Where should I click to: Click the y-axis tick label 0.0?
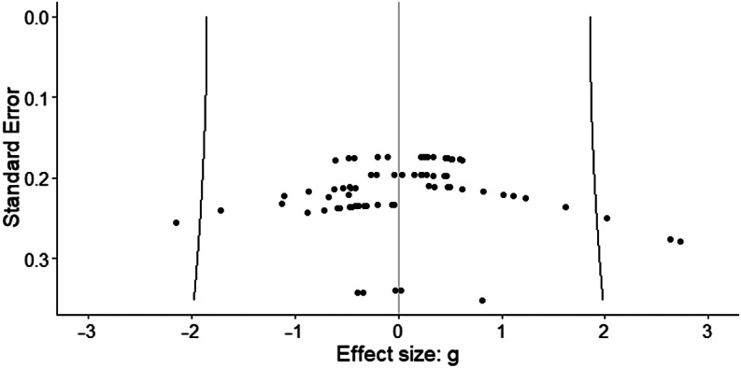click(x=37, y=17)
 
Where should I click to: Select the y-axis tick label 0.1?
click(x=37, y=97)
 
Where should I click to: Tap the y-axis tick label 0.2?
click(x=37, y=177)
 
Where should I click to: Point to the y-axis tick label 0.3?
click(x=37, y=259)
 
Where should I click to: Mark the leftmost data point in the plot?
click(x=176, y=222)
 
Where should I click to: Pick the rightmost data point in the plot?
click(x=680, y=242)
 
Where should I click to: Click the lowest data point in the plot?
click(x=482, y=301)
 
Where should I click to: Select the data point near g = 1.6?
click(x=565, y=207)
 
